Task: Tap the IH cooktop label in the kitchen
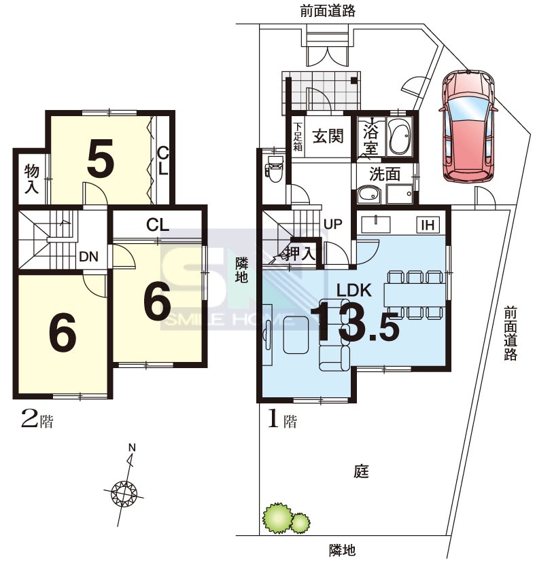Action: (x=428, y=225)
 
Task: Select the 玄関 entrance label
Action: (x=328, y=136)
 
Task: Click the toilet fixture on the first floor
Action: (x=273, y=168)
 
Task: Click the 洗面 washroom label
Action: (x=385, y=174)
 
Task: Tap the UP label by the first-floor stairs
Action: (x=332, y=223)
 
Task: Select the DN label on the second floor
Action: (x=88, y=256)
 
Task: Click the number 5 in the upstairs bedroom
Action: (x=101, y=158)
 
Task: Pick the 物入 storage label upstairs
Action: (x=32, y=179)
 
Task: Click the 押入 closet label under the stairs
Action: (x=300, y=254)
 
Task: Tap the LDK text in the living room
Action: (x=353, y=290)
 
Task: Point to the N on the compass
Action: (x=133, y=448)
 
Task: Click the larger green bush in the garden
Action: (x=277, y=518)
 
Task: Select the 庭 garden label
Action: (x=361, y=471)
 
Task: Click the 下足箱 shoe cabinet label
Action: (x=298, y=137)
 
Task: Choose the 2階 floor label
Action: (x=37, y=420)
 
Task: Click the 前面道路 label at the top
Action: (x=328, y=12)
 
